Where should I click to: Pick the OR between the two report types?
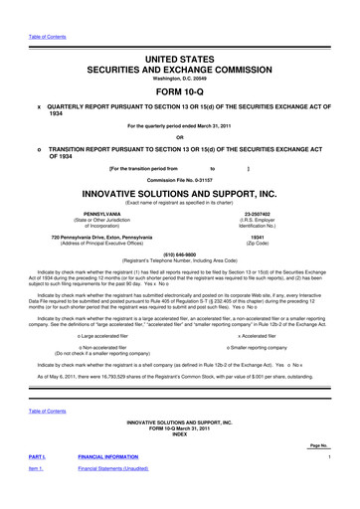(x=180, y=137)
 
